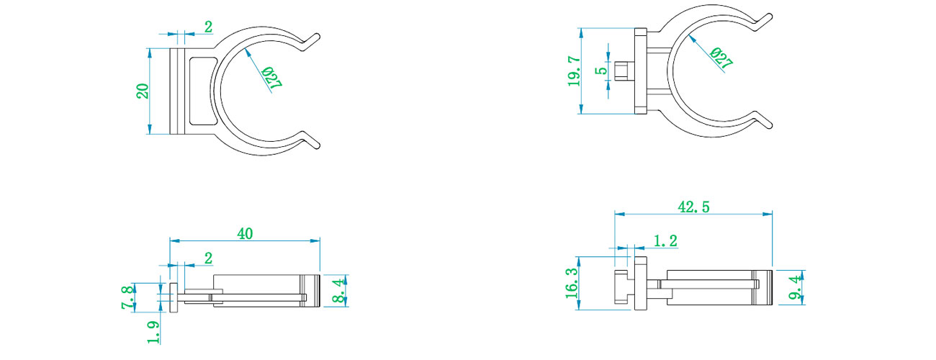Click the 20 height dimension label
[143, 91]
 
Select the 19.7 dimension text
[574, 71]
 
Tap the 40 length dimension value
[245, 233]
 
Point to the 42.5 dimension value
[693, 207]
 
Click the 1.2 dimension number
[665, 240]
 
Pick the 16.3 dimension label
[572, 283]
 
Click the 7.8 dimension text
[128, 297]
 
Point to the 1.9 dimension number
[153, 333]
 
